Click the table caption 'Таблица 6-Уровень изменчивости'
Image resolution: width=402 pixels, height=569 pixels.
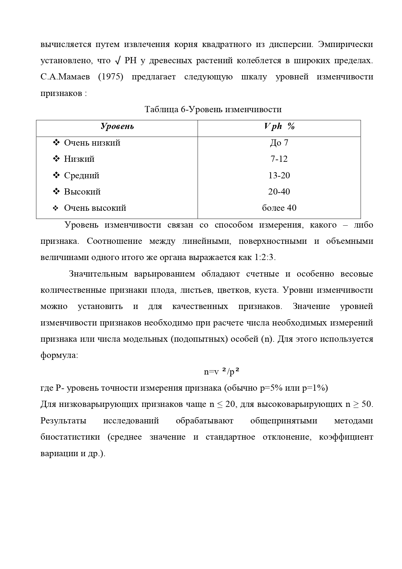tap(213, 110)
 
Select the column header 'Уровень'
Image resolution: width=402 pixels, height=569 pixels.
tap(117, 126)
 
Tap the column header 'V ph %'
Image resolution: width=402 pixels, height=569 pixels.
tap(279, 126)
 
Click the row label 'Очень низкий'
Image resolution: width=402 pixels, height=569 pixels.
tap(92, 143)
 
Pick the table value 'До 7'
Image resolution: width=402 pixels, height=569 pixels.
tap(279, 143)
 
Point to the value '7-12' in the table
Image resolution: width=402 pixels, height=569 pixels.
tap(279, 159)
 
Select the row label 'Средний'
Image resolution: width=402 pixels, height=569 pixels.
tap(82, 175)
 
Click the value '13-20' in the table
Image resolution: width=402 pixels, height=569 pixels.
tap(279, 175)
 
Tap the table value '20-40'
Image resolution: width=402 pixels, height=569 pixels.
tap(279, 192)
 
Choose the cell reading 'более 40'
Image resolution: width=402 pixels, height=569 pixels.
tap(279, 208)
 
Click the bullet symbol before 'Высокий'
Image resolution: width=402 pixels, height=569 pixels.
tap(56, 192)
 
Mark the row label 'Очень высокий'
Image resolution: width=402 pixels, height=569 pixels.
tap(95, 208)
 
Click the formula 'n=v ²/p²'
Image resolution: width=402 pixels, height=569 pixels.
tap(222, 372)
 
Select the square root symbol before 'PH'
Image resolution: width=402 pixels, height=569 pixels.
tap(118, 61)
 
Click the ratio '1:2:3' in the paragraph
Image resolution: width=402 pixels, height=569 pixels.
tap(264, 257)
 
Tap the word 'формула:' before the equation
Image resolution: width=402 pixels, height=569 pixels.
tap(59, 355)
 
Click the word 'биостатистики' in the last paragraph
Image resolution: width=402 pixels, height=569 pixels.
tap(70, 437)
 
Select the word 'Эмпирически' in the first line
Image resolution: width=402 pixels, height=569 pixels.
tap(345, 44)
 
